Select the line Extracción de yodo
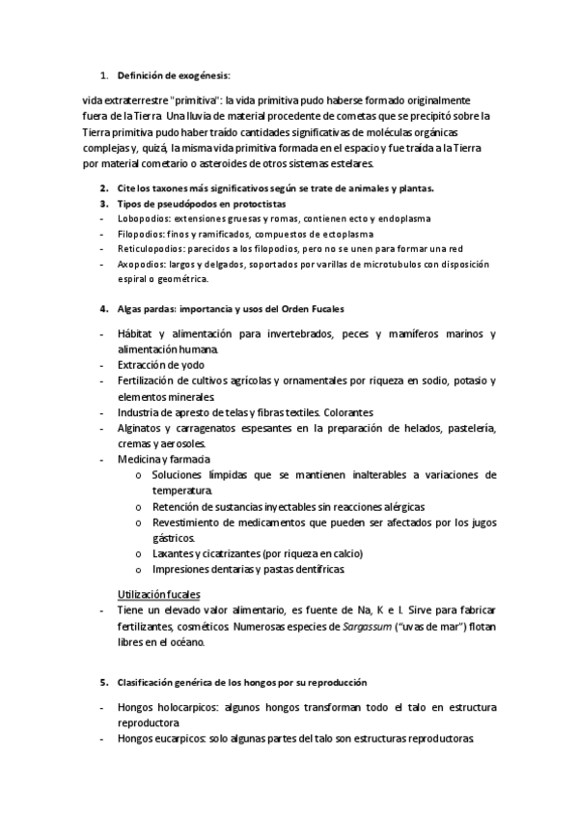161,365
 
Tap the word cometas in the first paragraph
379,116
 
